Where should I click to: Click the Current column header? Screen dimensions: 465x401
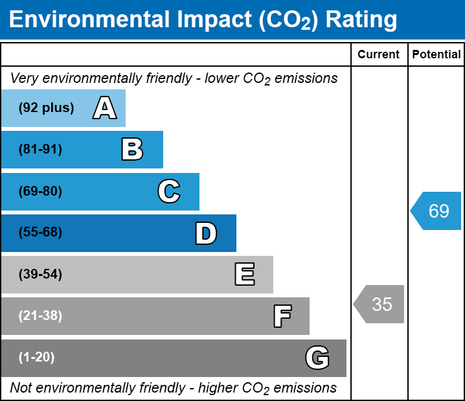point(378,54)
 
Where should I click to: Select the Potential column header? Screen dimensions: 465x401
point(437,54)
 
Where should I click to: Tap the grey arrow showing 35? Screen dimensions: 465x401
point(379,304)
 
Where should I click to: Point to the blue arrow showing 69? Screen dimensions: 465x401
point(436,211)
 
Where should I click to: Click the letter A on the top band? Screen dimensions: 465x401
point(105,108)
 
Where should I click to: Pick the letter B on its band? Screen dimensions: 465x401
point(132,149)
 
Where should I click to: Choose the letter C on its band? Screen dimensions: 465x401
point(169,191)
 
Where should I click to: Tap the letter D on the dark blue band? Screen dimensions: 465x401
point(206,233)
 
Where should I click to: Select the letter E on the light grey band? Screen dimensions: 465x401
point(245,274)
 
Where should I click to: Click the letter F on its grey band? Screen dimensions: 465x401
point(282,316)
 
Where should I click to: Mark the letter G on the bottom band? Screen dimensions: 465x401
point(317,358)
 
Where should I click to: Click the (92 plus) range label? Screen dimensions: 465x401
point(46,108)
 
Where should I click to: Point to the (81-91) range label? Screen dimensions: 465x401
point(40,149)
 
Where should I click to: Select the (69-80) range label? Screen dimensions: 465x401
point(40,191)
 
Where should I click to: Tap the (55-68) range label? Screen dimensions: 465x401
point(40,232)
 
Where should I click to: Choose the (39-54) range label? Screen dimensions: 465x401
point(40,274)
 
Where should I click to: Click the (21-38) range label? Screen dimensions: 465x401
point(40,315)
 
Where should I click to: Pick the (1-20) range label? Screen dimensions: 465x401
point(36,357)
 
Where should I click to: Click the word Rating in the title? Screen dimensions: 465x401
point(361,20)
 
